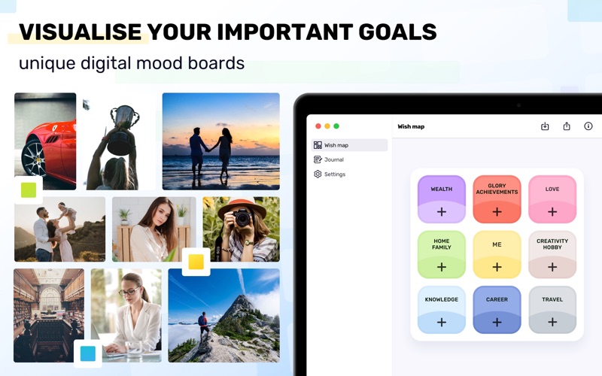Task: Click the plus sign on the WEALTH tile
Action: [x=442, y=212]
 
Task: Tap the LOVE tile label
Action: [x=552, y=190]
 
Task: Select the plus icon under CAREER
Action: [x=497, y=323]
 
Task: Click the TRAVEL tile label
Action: [x=552, y=299]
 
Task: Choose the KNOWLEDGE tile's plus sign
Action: [x=442, y=323]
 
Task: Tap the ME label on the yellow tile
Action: [x=497, y=244]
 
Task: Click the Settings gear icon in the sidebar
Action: [x=318, y=174]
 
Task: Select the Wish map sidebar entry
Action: [x=349, y=145]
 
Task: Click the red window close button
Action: [x=318, y=126]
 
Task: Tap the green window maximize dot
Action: [x=336, y=126]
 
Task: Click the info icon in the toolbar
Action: [x=588, y=126]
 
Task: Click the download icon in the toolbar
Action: [x=545, y=126]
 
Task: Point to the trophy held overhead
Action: [x=123, y=129]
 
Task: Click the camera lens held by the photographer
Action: [x=242, y=218]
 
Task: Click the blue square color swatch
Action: [x=88, y=353]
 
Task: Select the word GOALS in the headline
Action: [x=397, y=32]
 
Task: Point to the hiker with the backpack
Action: [x=203, y=326]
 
